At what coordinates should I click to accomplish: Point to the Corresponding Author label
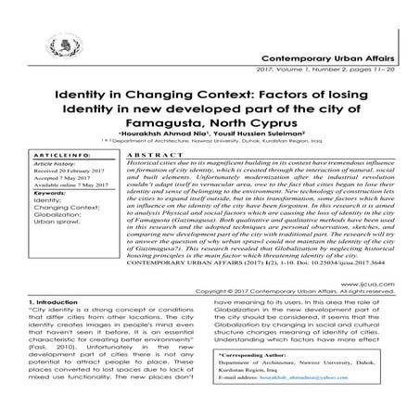pyautogui.click(x=262, y=381)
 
